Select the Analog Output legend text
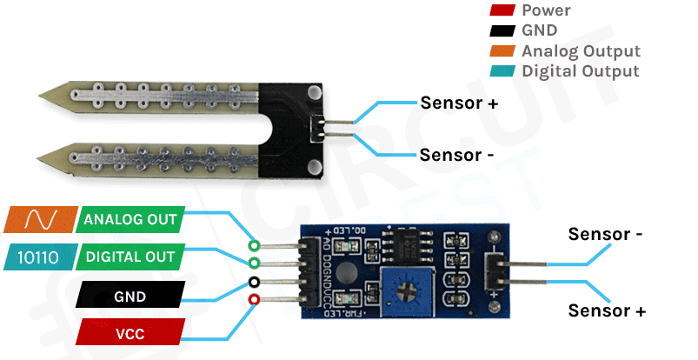click(x=581, y=51)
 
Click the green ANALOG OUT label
click(x=130, y=219)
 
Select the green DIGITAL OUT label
click(x=130, y=257)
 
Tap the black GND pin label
click(x=130, y=296)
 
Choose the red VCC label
click(x=130, y=333)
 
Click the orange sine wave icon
click(x=40, y=219)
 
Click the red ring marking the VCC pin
click(x=254, y=300)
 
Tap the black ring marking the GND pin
click(x=254, y=282)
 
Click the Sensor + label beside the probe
click(x=459, y=103)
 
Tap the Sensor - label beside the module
click(x=605, y=234)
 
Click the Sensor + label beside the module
click(x=607, y=310)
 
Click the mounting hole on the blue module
click(x=495, y=236)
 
